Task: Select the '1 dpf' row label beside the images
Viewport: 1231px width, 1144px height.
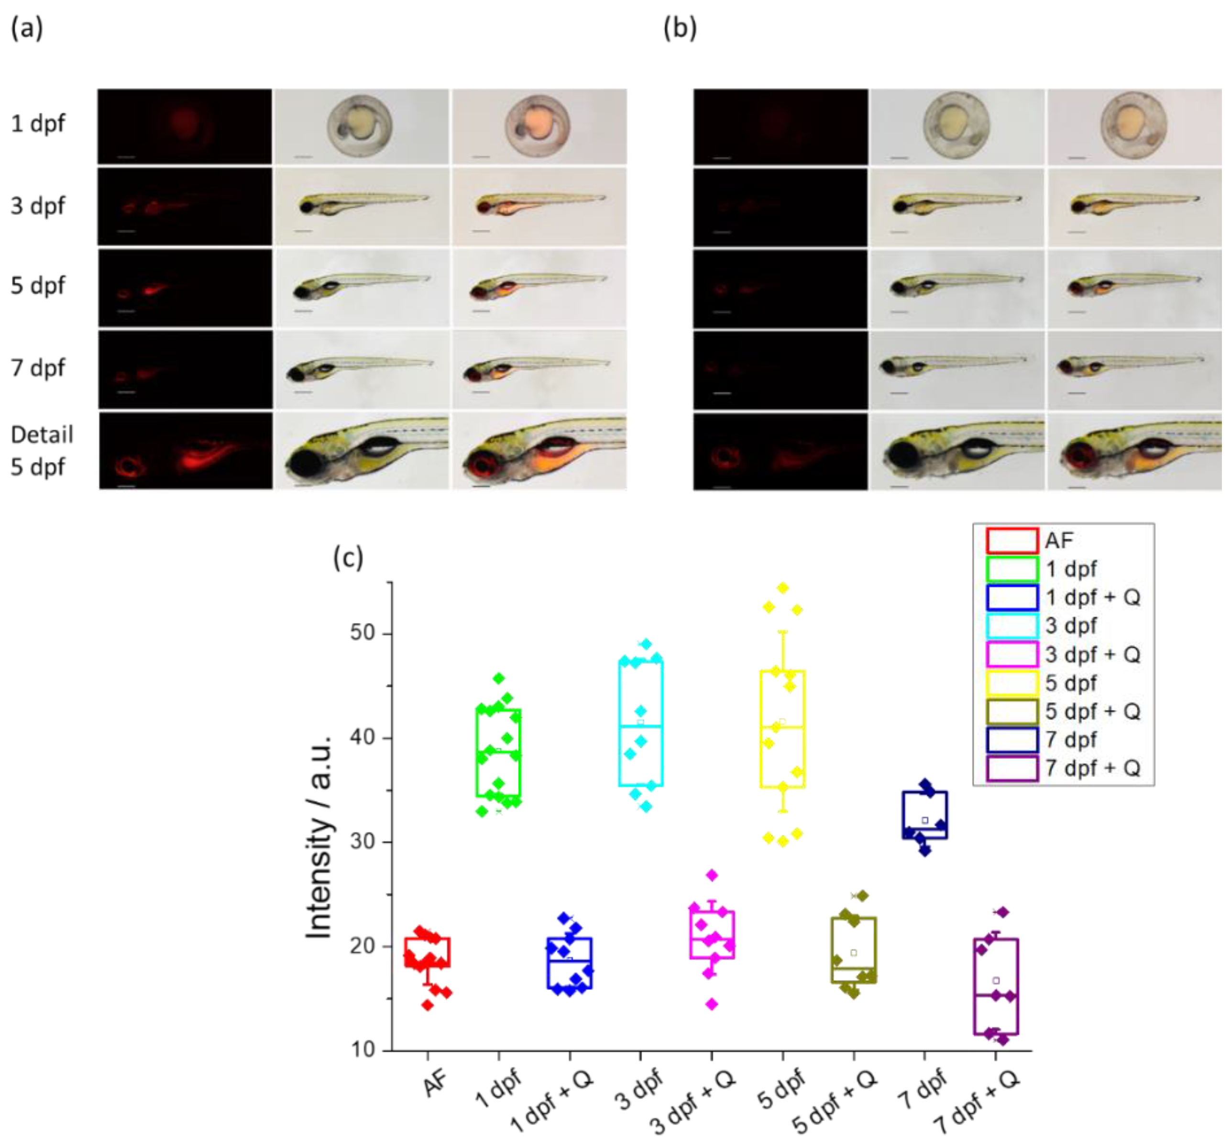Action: (38, 124)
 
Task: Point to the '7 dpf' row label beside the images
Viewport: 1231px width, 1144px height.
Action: (38, 368)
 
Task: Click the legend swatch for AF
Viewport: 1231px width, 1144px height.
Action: (1011, 541)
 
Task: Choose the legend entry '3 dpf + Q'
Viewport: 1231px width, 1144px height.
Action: (1092, 655)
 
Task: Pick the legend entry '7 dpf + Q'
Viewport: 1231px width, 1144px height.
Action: (1092, 768)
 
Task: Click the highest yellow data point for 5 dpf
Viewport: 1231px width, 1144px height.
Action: (783, 588)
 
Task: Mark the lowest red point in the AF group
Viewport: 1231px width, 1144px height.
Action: (428, 1005)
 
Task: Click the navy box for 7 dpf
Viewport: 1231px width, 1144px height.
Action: (924, 815)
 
